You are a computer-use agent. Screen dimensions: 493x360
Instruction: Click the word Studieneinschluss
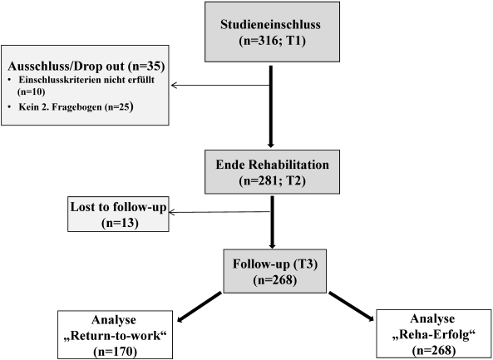coord(270,24)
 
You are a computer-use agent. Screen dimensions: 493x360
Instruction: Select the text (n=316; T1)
coord(273,42)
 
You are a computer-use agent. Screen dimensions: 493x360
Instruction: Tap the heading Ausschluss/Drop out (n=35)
coord(86,67)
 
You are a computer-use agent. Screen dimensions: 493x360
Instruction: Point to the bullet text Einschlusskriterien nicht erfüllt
coord(86,80)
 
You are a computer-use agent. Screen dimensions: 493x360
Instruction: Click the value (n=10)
coord(31,91)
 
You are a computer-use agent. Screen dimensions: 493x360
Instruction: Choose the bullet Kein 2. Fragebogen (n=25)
coord(76,107)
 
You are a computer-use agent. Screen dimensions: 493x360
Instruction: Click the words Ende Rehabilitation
coord(273,165)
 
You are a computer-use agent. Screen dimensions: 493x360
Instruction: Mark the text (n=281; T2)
coord(273,181)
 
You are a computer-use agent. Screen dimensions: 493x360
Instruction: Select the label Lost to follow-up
coord(118,207)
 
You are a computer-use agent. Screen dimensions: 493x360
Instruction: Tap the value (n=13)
coord(120,223)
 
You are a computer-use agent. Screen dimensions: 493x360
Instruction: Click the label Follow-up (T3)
coord(275,264)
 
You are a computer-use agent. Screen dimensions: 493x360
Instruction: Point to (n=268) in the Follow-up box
coord(275,280)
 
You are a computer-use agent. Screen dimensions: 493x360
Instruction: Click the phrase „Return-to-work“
coord(115,336)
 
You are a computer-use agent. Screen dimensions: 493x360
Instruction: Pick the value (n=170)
coord(115,351)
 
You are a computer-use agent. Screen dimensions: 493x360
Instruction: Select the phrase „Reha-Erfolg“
coord(434,335)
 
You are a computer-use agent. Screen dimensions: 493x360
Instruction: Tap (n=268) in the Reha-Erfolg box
coord(434,350)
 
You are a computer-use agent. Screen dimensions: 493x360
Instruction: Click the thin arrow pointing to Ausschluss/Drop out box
coord(220,85)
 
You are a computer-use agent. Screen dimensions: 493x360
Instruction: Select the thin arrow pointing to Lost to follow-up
coord(219,212)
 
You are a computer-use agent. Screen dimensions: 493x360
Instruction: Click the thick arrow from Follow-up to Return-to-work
coord(200,307)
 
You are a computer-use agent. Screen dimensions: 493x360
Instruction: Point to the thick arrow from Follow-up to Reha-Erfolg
coord(352,307)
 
